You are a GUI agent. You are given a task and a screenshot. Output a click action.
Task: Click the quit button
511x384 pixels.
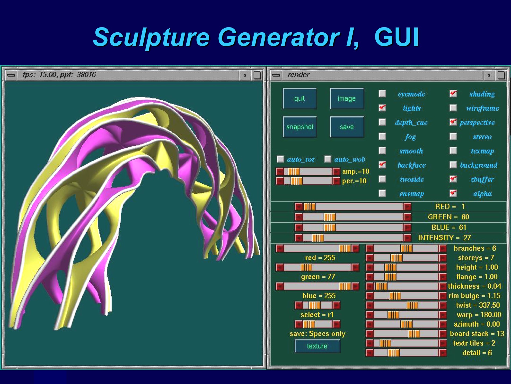(x=300, y=99)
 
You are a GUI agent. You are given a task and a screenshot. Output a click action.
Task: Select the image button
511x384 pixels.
(x=347, y=99)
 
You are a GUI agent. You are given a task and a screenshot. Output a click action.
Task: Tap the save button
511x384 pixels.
(x=347, y=127)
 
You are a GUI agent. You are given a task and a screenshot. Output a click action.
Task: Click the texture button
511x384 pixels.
(x=317, y=346)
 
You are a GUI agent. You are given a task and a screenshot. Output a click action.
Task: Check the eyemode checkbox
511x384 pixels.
(x=382, y=94)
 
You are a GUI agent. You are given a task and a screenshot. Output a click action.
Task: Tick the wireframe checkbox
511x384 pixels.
(x=453, y=108)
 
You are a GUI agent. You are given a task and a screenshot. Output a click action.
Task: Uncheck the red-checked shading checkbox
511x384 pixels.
(x=453, y=94)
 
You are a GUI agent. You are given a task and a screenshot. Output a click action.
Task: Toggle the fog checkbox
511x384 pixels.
(x=382, y=136)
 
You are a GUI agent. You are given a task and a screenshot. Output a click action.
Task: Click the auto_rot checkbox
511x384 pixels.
(x=281, y=159)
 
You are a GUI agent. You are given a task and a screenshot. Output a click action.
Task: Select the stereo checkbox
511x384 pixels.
(x=453, y=136)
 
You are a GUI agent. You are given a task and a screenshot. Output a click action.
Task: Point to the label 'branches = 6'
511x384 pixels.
(x=475, y=248)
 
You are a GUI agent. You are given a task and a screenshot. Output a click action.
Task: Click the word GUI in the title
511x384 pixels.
(x=397, y=37)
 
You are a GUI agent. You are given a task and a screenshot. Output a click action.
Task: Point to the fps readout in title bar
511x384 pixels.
(x=59, y=75)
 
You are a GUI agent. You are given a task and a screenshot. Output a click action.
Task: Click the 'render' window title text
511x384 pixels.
(x=299, y=75)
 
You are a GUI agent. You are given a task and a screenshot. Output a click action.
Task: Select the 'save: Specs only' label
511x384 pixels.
(x=317, y=334)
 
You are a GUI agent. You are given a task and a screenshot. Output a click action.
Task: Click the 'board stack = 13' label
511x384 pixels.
(x=477, y=334)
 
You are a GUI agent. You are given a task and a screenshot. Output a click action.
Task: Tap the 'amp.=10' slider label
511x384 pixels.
(x=356, y=171)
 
